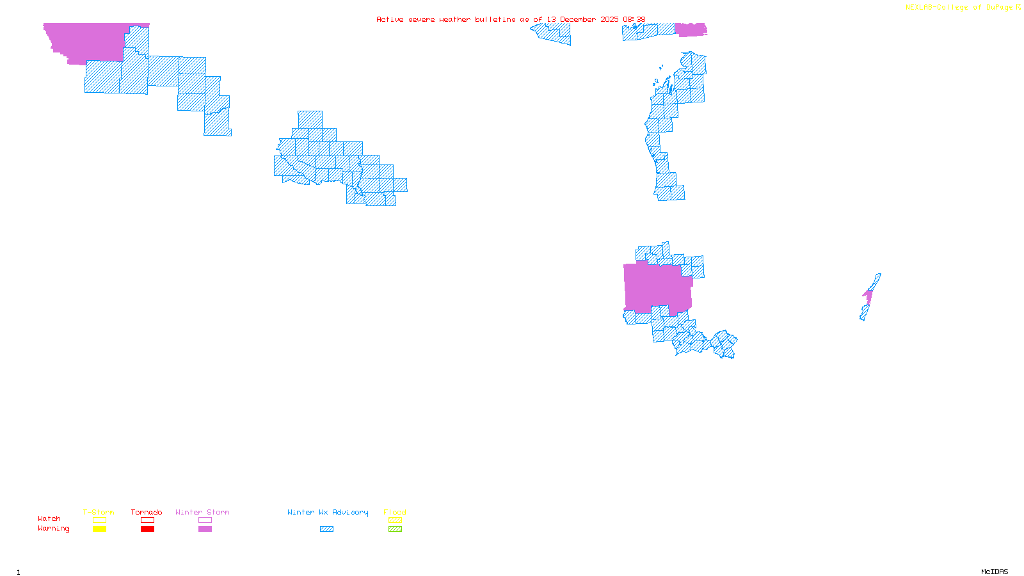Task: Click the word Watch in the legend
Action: click(x=49, y=519)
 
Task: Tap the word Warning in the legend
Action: click(x=53, y=529)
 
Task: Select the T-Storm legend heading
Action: click(x=99, y=512)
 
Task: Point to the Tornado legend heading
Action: click(x=147, y=512)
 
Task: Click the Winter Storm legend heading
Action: click(x=202, y=512)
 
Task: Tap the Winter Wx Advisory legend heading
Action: click(x=328, y=512)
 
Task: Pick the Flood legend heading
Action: click(x=395, y=512)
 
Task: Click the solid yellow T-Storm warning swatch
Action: click(x=99, y=529)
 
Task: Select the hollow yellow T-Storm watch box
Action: click(x=99, y=520)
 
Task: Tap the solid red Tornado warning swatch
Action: click(x=147, y=529)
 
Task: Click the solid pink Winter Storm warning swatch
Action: click(x=205, y=529)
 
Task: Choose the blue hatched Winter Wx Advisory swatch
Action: click(x=326, y=529)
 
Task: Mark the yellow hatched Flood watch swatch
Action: click(x=395, y=520)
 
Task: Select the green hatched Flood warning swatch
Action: click(x=395, y=529)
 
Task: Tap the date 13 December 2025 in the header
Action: click(x=582, y=19)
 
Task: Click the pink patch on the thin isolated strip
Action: click(x=868, y=296)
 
